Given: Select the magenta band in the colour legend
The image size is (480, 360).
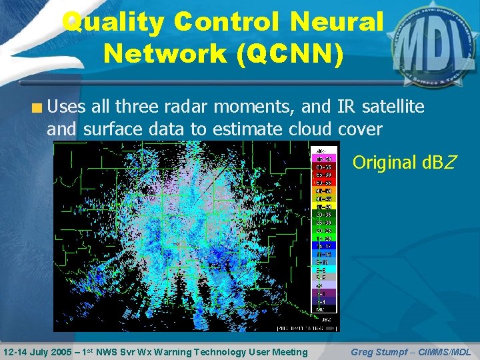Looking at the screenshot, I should (x=325, y=159).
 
